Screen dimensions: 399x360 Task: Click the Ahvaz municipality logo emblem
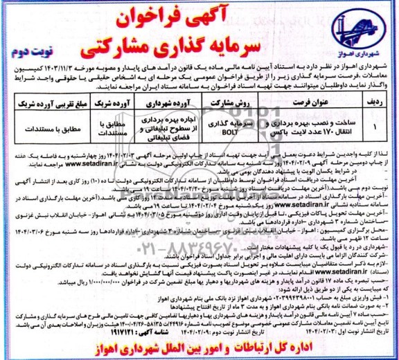point(355,30)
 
